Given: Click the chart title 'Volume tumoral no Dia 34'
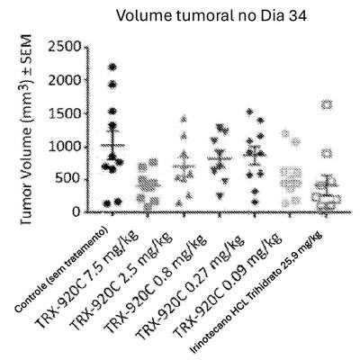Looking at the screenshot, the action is pyautogui.click(x=211, y=15).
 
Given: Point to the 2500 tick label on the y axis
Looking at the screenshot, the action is pyautogui.click(x=65, y=47).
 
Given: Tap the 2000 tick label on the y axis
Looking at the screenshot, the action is pyautogui.click(x=65, y=80).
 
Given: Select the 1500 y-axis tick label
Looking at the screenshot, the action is pyautogui.click(x=65, y=113).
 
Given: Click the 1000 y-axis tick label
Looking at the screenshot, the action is pyautogui.click(x=65, y=147).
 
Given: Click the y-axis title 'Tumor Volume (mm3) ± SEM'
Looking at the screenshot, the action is pyautogui.click(x=27, y=129).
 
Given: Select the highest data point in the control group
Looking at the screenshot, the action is pyautogui.click(x=113, y=67).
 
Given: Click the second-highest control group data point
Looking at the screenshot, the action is pyautogui.click(x=112, y=85).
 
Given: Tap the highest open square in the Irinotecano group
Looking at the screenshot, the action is pyautogui.click(x=327, y=104).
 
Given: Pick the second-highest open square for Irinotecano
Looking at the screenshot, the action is pyautogui.click(x=327, y=154).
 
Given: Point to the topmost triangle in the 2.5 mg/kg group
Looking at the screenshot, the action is pyautogui.click(x=184, y=119).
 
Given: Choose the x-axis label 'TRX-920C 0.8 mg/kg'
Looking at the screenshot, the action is pyautogui.click(x=156, y=283).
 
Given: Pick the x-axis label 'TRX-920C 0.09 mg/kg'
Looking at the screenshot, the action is pyautogui.click(x=227, y=285).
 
